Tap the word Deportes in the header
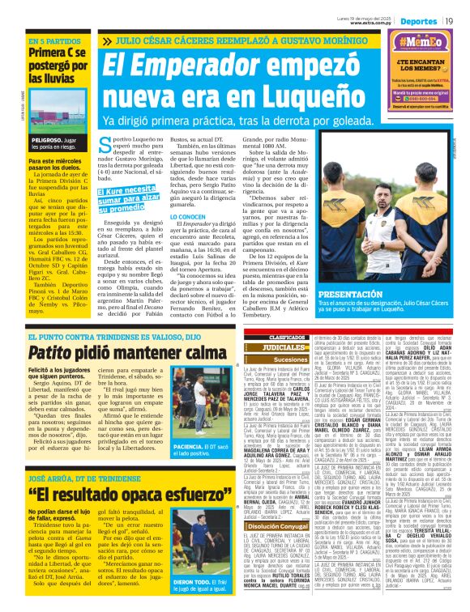click(x=417, y=20)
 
